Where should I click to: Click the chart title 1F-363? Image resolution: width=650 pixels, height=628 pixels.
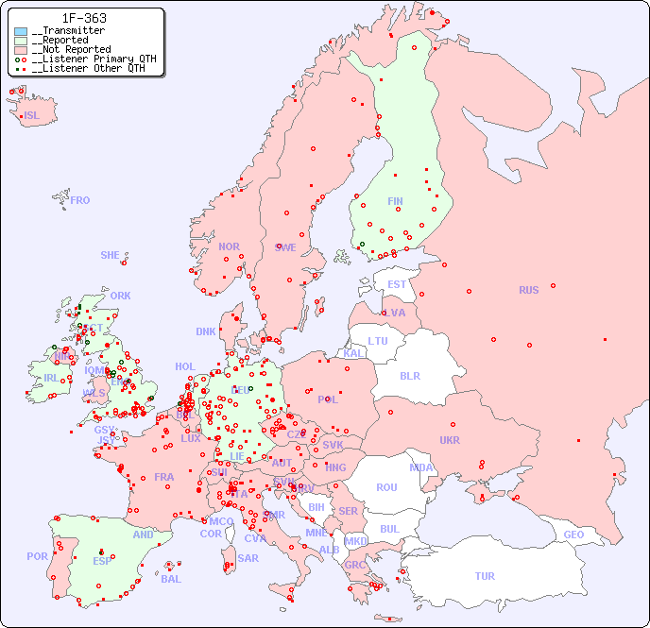click(84, 18)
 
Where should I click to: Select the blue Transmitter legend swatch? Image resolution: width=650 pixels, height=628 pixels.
click(21, 31)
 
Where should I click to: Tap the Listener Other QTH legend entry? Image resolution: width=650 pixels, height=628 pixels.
click(88, 68)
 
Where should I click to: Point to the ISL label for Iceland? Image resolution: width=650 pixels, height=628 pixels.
click(31, 116)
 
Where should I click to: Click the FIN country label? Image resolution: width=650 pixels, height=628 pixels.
click(395, 201)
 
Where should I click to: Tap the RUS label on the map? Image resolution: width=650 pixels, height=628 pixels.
click(528, 290)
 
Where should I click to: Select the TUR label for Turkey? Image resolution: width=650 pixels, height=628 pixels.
click(485, 576)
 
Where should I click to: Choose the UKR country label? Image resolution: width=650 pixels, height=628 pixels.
click(449, 440)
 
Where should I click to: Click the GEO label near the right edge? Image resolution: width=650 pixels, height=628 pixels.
click(573, 535)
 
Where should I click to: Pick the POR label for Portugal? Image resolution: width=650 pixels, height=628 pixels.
click(37, 556)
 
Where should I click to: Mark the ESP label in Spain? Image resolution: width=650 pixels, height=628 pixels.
click(102, 560)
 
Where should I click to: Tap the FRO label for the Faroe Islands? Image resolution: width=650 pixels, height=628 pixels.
click(80, 200)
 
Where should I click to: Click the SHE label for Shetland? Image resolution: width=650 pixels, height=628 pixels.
click(110, 255)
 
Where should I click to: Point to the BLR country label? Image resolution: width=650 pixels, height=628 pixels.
click(409, 375)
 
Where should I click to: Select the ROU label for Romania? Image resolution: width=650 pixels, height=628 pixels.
click(386, 487)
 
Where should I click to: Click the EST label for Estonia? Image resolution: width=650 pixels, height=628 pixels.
click(397, 284)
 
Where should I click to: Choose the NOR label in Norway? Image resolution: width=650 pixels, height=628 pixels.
click(229, 246)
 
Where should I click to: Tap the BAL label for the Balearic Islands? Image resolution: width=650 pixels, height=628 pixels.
click(170, 579)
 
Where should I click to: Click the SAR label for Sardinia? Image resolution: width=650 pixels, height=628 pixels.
click(248, 558)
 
